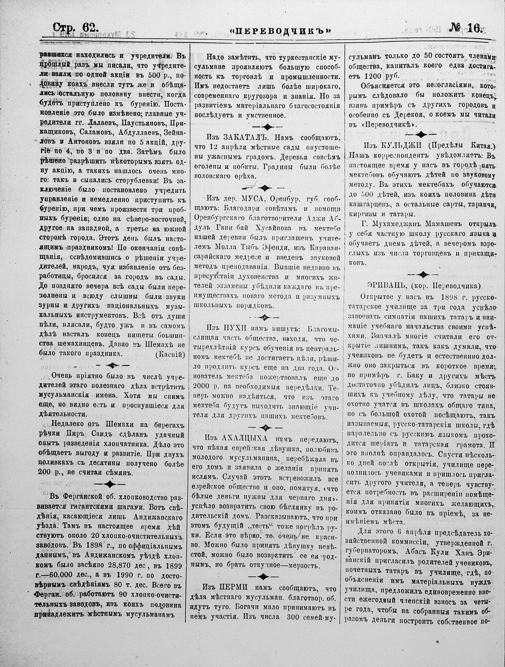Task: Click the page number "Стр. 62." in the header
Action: click(75, 28)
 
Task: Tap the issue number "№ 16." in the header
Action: click(466, 28)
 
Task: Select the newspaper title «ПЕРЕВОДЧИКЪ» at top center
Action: click(281, 30)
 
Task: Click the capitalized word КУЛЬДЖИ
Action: click(397, 146)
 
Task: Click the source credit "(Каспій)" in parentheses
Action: click(169, 354)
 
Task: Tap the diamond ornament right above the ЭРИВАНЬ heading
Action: click(423, 274)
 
